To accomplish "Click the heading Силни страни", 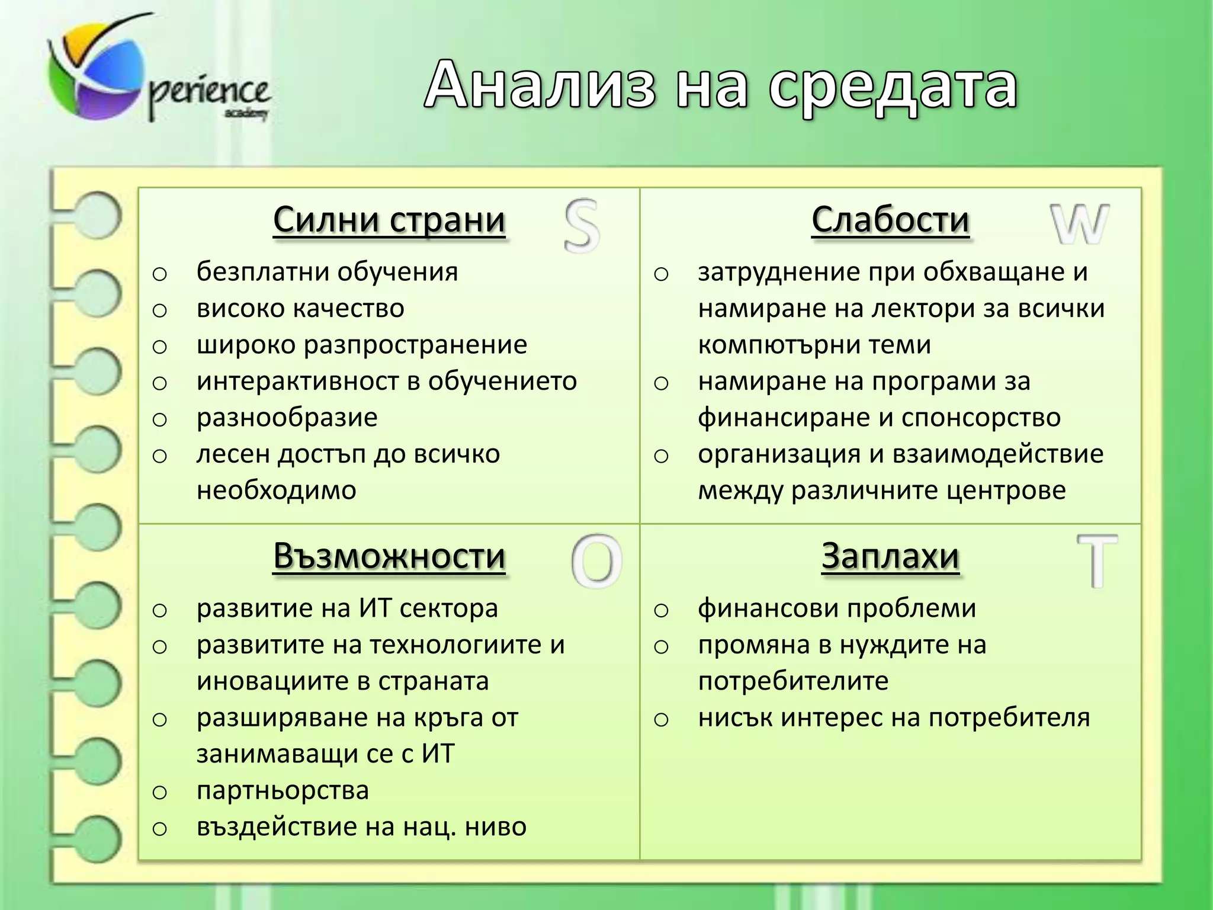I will click(x=389, y=220).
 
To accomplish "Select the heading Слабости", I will click(x=890, y=220).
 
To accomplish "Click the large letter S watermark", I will click(x=582, y=226).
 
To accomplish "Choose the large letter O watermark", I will click(x=596, y=561).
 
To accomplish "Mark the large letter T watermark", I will click(x=1097, y=560).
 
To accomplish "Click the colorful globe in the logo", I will click(x=95, y=71).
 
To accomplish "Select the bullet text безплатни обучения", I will click(x=327, y=272).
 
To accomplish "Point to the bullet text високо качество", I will click(x=300, y=309).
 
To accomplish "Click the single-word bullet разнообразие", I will click(x=287, y=418).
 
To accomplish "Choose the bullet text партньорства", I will click(x=283, y=791).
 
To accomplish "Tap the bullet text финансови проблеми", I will click(x=837, y=608).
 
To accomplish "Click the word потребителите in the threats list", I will click(x=793, y=681).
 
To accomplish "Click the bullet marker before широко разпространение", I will click(x=160, y=347).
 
